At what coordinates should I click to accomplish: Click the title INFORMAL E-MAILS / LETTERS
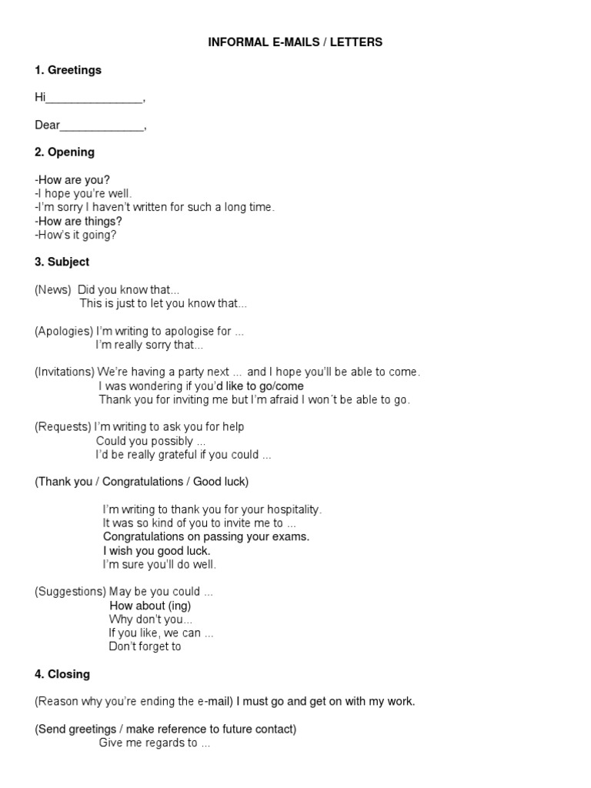pos(295,42)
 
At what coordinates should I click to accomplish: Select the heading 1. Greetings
pos(68,70)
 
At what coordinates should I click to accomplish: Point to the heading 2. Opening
pos(65,152)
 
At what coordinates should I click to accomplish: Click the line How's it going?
pos(75,235)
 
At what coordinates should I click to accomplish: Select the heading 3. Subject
pos(62,262)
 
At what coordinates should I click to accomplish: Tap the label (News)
pos(53,290)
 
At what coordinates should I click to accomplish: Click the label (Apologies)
pos(64,332)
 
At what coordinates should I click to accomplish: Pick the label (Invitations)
pos(65,372)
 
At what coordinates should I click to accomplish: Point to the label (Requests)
pos(62,427)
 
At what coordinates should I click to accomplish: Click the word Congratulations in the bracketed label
pos(140,482)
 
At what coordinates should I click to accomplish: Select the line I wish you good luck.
pos(156,551)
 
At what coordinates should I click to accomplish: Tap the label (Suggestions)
pos(70,592)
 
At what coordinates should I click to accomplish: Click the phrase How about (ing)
pos(150,606)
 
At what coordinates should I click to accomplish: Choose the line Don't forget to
pos(145,647)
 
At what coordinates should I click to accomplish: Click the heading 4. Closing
pos(62,675)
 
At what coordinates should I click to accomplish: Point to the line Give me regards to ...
pos(154,743)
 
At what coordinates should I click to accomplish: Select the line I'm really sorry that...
pos(149,346)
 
